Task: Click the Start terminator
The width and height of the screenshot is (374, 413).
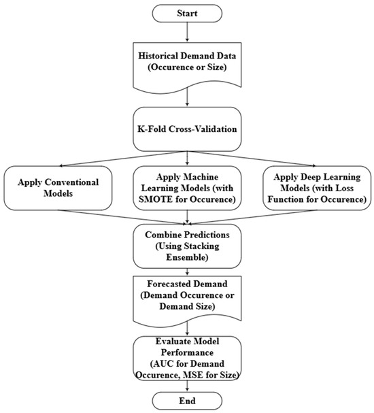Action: pos(187,13)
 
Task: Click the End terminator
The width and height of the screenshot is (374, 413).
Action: pos(187,401)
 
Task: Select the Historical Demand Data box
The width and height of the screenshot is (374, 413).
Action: pos(187,68)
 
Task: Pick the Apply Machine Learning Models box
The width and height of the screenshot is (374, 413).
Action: pos(187,188)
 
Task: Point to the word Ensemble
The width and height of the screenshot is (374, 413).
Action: pos(186,259)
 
